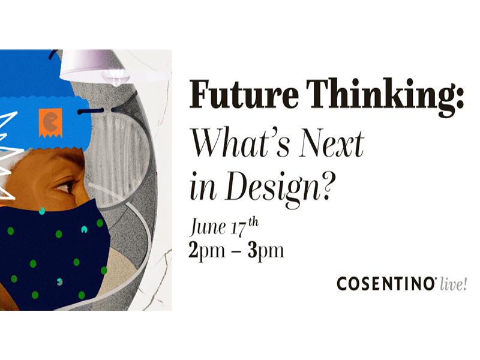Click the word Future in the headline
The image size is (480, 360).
tap(244, 94)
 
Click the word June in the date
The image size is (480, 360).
tap(208, 227)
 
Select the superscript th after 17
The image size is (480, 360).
tap(253, 221)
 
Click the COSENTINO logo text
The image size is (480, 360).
tap(386, 283)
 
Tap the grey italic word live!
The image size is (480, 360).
tap(454, 284)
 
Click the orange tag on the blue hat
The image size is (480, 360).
tap(50, 123)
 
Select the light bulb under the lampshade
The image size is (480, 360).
tap(114, 77)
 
